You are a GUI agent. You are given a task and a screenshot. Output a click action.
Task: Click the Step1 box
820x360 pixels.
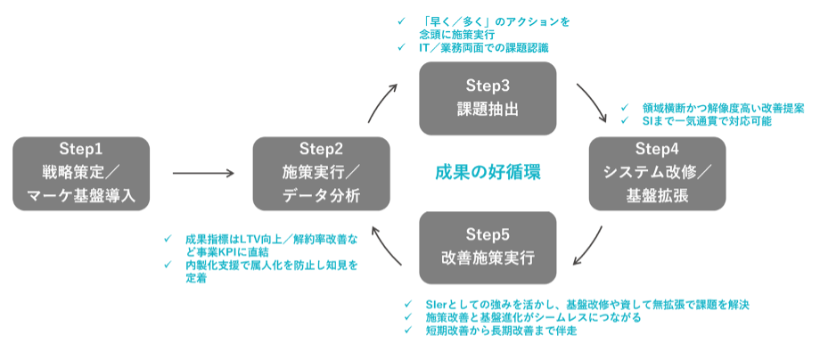click(81, 172)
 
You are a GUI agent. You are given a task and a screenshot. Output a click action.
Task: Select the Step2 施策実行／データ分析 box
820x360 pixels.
click(321, 172)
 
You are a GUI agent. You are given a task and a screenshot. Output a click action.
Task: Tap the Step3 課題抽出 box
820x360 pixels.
click(488, 97)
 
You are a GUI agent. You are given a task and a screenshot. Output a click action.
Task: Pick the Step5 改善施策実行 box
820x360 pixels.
click(488, 247)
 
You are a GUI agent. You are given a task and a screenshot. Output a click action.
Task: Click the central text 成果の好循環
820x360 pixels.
click(488, 172)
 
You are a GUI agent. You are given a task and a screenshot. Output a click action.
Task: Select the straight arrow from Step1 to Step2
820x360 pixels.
click(203, 173)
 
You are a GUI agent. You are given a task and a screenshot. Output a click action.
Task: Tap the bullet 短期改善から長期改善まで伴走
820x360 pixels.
click(502, 331)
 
